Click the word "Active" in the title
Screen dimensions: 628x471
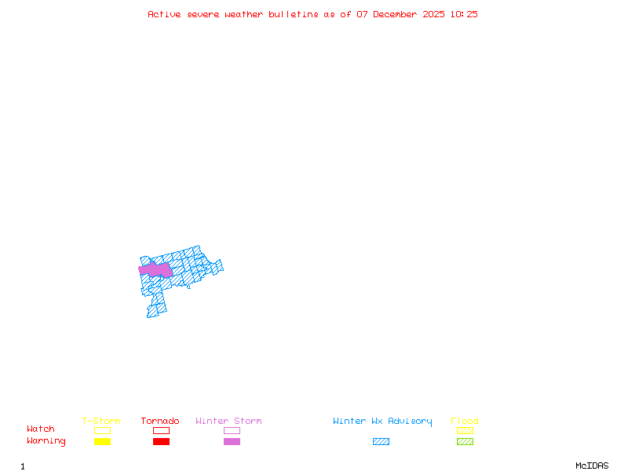165,14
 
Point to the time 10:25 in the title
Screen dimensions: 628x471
465,14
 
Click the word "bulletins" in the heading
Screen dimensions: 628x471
294,14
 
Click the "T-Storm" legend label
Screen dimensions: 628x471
101,422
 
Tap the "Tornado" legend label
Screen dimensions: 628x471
160,422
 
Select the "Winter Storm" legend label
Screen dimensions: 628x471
228,422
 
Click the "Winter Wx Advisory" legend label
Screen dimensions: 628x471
382,422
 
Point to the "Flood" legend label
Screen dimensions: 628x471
465,422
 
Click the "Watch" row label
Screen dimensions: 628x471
41,429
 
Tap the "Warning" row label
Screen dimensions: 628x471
46,441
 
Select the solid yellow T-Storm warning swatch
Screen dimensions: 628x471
102,442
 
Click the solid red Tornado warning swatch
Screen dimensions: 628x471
161,442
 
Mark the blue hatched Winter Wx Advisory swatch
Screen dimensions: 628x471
381,442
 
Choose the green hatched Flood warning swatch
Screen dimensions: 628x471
465,442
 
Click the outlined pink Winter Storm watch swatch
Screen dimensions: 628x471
232,431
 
